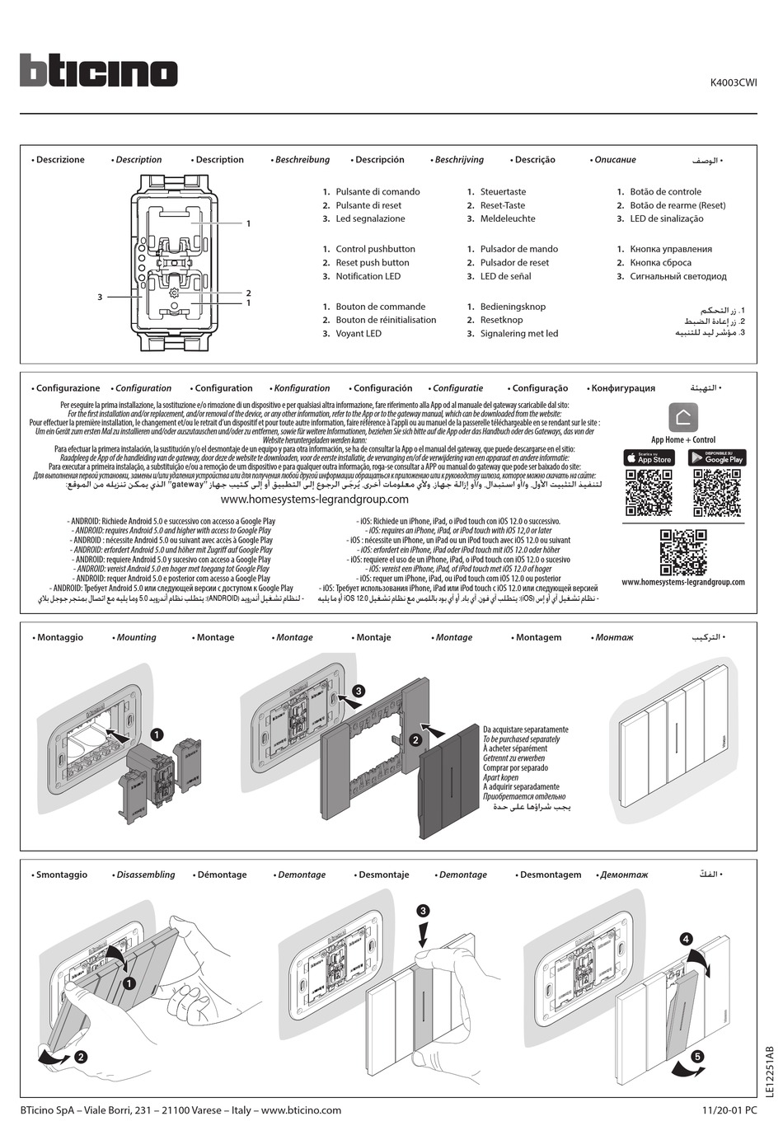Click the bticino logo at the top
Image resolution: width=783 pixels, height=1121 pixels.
(x=98, y=71)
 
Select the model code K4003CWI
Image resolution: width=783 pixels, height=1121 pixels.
(x=734, y=82)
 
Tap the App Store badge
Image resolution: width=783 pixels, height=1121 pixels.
(x=648, y=457)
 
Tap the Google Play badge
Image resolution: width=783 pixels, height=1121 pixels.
(x=717, y=457)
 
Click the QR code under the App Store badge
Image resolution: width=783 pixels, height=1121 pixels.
(x=648, y=492)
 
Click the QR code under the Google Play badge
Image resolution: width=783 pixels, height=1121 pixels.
(x=717, y=492)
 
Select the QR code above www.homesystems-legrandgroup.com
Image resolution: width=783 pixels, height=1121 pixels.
(x=683, y=551)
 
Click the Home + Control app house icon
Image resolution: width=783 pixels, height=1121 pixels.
(x=683, y=417)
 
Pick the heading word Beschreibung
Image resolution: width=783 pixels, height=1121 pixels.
(x=302, y=160)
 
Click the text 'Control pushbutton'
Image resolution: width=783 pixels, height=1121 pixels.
(x=375, y=249)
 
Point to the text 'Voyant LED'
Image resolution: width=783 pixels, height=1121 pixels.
(x=359, y=334)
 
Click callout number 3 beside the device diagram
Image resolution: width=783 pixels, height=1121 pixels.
(x=100, y=297)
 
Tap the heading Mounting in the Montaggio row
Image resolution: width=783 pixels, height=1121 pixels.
(x=136, y=637)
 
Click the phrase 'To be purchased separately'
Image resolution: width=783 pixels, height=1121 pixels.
(x=521, y=739)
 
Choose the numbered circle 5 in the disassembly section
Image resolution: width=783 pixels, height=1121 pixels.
(x=697, y=1055)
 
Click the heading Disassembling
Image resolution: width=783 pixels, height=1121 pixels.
(x=146, y=875)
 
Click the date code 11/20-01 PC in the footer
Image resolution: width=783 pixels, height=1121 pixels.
(x=729, y=1110)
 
